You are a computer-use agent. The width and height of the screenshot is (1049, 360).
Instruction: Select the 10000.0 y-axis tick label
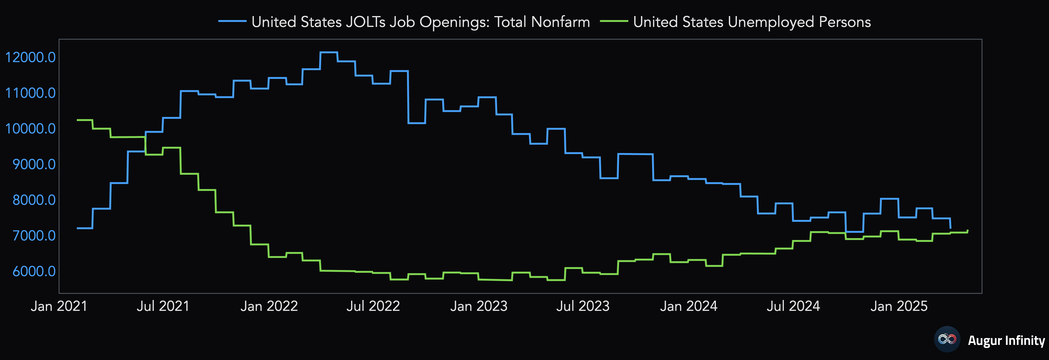(30, 129)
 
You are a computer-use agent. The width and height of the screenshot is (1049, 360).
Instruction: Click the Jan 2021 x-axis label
(59, 306)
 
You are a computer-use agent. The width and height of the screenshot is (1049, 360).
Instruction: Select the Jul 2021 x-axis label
(163, 306)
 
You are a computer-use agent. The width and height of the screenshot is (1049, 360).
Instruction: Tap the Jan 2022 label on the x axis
(269, 306)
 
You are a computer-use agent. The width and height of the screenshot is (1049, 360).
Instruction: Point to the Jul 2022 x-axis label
(373, 306)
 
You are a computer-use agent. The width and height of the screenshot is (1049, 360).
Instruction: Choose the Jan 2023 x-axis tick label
(479, 306)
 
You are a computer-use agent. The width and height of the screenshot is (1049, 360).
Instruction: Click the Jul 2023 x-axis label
(583, 306)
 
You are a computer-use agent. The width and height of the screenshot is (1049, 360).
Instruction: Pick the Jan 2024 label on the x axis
(689, 306)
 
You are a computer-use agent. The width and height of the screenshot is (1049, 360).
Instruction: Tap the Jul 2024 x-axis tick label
(793, 306)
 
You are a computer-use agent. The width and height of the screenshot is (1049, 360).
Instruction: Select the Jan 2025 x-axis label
(899, 306)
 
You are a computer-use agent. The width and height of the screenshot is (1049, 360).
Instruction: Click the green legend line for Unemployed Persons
(614, 21)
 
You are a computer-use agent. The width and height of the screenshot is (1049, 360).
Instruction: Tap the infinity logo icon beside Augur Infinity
(947, 339)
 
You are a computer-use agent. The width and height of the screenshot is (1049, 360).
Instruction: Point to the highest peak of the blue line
(329, 52)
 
